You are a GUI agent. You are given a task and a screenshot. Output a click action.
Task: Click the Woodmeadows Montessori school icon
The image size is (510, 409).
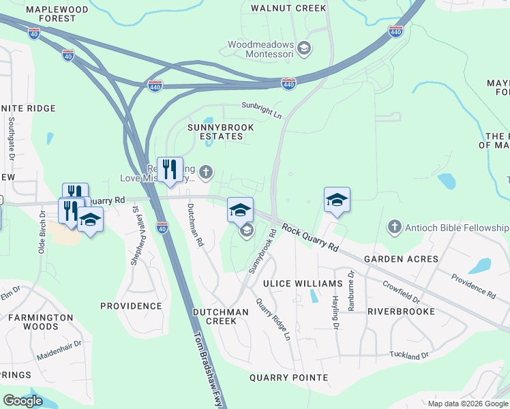tap(304, 48)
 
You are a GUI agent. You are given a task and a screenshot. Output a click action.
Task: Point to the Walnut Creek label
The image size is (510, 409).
tap(288, 8)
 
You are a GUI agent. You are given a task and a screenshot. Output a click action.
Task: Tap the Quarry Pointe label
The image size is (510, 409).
tap(288, 378)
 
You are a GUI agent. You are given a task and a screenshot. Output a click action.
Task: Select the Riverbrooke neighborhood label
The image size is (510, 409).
tap(401, 312)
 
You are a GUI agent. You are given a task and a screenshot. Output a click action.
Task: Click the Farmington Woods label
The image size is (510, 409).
tap(40, 322)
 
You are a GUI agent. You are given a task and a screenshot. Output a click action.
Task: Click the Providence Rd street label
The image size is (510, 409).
tap(473, 286)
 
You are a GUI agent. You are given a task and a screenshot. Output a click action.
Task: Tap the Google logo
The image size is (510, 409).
tap(23, 401)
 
